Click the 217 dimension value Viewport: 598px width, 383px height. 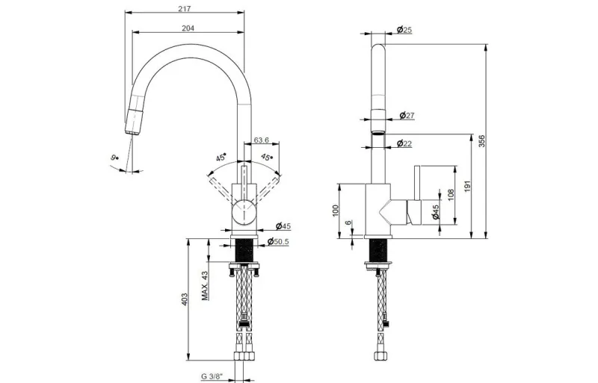[184, 8]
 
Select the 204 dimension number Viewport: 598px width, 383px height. [188, 28]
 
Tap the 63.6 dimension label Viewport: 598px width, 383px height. [261, 140]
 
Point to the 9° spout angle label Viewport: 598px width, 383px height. [114, 157]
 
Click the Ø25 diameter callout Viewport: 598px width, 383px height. [404, 29]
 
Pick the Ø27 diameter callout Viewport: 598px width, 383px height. [407, 115]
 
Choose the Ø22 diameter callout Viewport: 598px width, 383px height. [404, 143]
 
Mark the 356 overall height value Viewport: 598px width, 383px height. [481, 141]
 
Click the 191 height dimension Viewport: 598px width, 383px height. [468, 186]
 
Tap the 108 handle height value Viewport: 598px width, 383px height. [451, 195]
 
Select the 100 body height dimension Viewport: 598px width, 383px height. [335, 211]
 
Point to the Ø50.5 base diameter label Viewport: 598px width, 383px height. [278, 242]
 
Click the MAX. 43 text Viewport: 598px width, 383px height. [205, 286]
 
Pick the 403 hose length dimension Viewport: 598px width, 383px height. [184, 299]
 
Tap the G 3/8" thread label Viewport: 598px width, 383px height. [212, 376]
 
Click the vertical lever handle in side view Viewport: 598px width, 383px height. [417, 183]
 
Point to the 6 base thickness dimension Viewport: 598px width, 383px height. [348, 223]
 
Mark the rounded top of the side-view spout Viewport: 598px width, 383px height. [378, 48]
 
